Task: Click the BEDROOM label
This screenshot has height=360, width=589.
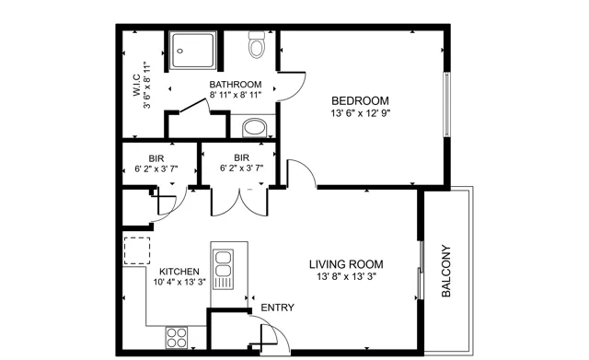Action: pyautogui.click(x=360, y=100)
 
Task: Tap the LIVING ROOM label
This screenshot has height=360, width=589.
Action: pyautogui.click(x=346, y=264)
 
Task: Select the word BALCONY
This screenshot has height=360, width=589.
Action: pyautogui.click(x=445, y=271)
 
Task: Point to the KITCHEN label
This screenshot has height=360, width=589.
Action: pyautogui.click(x=179, y=272)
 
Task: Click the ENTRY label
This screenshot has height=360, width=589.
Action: pyautogui.click(x=278, y=308)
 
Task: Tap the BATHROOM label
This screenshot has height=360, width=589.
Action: pyautogui.click(x=236, y=84)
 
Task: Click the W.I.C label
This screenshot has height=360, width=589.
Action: pyautogui.click(x=137, y=86)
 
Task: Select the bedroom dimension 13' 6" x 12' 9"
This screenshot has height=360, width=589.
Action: pyautogui.click(x=361, y=113)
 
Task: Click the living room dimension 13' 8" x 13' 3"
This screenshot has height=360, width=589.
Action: pyautogui.click(x=346, y=276)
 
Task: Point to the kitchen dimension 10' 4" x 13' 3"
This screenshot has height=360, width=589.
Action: pyautogui.click(x=179, y=282)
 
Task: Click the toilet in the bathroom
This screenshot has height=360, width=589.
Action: pyautogui.click(x=257, y=44)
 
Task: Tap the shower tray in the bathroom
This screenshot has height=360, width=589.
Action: pyautogui.click(x=192, y=51)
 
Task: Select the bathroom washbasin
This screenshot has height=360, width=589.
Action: pyautogui.click(x=255, y=128)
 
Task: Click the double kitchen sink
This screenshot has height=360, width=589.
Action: pyautogui.click(x=223, y=269)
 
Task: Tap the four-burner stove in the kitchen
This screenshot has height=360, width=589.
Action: pyautogui.click(x=177, y=338)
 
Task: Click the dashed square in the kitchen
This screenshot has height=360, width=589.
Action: pyautogui.click(x=137, y=250)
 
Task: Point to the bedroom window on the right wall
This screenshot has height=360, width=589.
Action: pyautogui.click(x=447, y=104)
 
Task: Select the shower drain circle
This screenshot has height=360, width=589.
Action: pyautogui.click(x=180, y=51)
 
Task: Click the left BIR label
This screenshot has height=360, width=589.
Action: pyautogui.click(x=156, y=158)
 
